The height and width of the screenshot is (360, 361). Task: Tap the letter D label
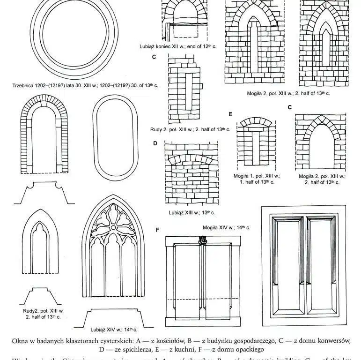pos(155,143)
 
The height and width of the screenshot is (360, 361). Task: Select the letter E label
pos(230,114)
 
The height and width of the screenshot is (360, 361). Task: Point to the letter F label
pos(157,230)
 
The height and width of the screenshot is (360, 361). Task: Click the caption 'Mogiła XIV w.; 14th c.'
pos(226,227)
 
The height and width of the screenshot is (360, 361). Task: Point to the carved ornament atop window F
pos(203,240)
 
